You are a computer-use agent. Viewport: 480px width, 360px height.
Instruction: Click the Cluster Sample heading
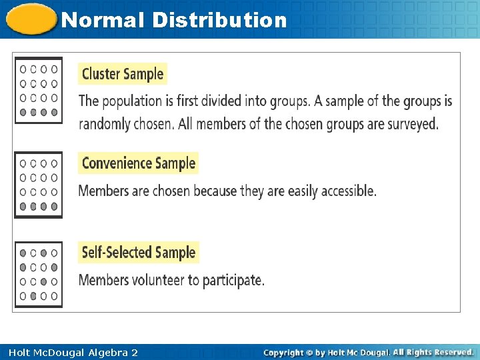click(x=123, y=74)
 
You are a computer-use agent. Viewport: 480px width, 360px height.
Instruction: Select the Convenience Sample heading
click(x=139, y=163)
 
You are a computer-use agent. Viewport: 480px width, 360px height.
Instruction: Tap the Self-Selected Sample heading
click(x=139, y=253)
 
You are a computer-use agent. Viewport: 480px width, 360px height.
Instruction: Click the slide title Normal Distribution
click(x=173, y=20)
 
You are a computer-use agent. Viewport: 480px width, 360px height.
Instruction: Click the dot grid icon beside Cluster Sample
click(x=39, y=91)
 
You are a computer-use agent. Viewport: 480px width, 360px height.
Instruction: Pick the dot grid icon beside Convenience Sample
click(x=39, y=185)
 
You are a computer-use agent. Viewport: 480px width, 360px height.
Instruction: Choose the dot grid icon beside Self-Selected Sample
click(x=39, y=274)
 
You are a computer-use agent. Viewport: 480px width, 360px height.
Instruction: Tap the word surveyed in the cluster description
click(x=411, y=125)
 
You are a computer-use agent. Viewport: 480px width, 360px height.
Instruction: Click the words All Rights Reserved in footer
click(x=433, y=352)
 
